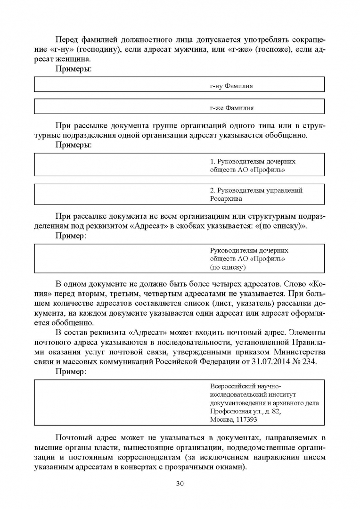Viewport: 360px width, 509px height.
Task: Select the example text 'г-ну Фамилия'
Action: coord(231,86)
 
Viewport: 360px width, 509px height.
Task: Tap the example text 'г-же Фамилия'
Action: coord(232,108)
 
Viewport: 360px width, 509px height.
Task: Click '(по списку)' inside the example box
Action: coord(228,267)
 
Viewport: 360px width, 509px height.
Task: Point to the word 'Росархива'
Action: coord(226,199)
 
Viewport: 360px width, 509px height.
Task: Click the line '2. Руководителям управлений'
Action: coord(256,190)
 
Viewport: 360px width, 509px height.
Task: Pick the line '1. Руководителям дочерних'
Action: coord(253,161)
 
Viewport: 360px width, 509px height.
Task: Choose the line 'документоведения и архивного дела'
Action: coord(264,403)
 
